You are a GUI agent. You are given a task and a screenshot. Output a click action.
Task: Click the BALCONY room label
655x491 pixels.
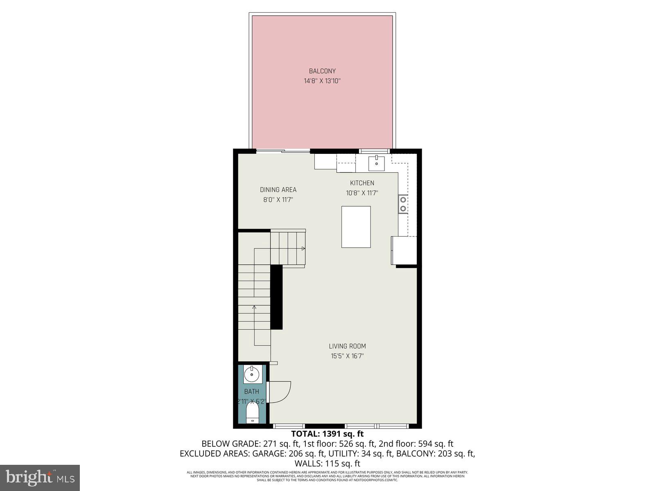pyautogui.click(x=322, y=71)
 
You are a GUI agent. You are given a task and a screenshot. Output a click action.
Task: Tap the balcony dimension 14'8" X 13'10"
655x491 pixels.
pyautogui.click(x=322, y=81)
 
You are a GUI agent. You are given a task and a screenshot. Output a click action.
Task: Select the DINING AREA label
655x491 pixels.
pyautogui.click(x=278, y=190)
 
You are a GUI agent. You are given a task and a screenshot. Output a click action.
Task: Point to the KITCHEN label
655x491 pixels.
pyautogui.click(x=362, y=183)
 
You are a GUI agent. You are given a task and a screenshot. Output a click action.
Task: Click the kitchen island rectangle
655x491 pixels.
pyautogui.click(x=356, y=227)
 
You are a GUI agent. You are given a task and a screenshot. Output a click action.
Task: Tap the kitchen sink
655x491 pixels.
pyautogui.click(x=377, y=163)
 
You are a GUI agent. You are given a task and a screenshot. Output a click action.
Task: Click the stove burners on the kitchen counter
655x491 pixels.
pyautogui.click(x=403, y=204)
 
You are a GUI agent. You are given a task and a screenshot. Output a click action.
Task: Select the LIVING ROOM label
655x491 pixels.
pyautogui.click(x=347, y=346)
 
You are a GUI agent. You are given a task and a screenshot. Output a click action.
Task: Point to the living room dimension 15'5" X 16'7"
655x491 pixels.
pyautogui.click(x=347, y=356)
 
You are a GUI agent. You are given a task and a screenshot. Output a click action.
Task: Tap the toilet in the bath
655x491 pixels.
pyautogui.click(x=252, y=413)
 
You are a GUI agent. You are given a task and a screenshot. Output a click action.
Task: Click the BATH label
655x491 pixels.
pyautogui.click(x=251, y=392)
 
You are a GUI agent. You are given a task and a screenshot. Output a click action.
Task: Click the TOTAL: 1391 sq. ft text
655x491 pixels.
pyautogui.click(x=327, y=434)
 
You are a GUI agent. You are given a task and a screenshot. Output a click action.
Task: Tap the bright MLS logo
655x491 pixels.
pyautogui.click(x=40, y=477)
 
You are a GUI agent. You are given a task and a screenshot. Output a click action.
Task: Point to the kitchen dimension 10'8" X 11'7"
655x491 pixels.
pyautogui.click(x=362, y=193)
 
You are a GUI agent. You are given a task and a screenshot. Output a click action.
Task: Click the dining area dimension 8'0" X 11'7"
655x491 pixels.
pyautogui.click(x=278, y=200)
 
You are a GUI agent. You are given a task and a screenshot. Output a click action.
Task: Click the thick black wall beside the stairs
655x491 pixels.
pyautogui.click(x=277, y=297)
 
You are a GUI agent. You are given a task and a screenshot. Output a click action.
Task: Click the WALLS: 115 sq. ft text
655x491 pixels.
pyautogui.click(x=327, y=464)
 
